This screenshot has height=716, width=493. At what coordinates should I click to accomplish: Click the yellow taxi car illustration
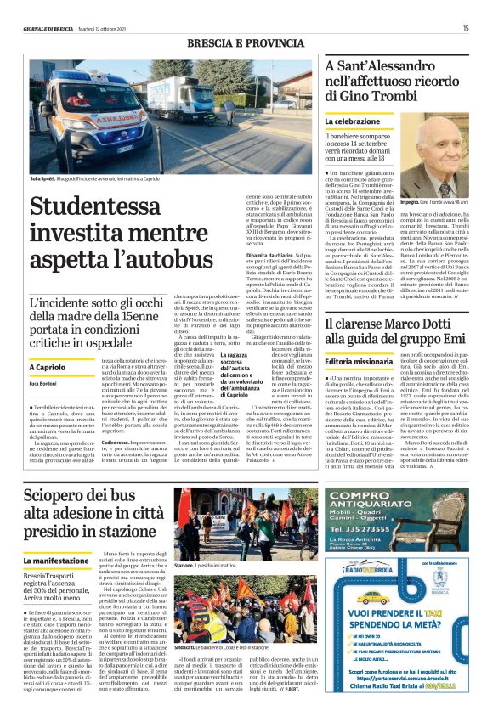pos(373,597)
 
